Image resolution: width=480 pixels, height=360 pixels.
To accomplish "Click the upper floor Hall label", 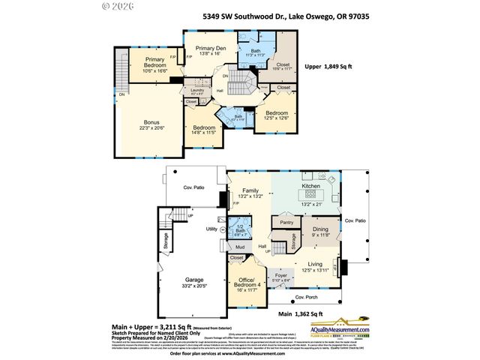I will [220, 91].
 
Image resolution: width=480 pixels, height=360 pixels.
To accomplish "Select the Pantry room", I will [286, 223].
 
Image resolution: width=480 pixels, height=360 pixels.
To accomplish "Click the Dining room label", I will [320, 230].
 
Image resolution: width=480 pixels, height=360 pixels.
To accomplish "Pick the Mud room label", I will [240, 247].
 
